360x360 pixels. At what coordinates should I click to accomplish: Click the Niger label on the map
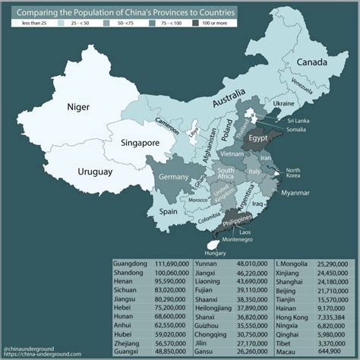(x=84, y=107)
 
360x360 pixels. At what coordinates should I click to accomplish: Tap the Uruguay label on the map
(x=95, y=172)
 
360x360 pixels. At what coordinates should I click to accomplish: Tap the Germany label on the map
(x=173, y=177)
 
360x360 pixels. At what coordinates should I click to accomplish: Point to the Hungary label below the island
(x=215, y=252)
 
